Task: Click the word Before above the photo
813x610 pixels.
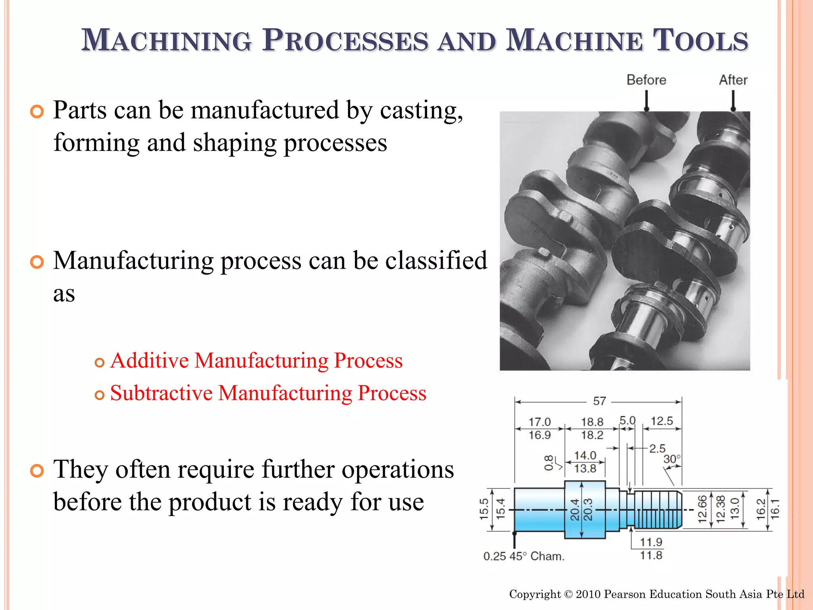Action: [646, 80]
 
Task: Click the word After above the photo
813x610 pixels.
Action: [733, 80]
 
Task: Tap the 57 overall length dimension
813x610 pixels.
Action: [599, 401]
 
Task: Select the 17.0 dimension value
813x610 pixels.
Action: [539, 422]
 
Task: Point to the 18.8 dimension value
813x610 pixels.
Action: [592, 422]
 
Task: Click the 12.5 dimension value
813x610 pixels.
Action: [662, 421]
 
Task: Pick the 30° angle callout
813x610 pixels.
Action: [672, 459]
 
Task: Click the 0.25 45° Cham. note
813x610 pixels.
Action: [524, 556]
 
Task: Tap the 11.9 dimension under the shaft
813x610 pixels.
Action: [651, 542]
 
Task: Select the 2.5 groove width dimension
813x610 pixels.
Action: [657, 449]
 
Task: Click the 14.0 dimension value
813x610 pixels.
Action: [585, 456]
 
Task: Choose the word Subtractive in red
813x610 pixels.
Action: [161, 393]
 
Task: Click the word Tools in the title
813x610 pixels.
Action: [700, 41]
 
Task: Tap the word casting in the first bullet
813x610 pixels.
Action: [421, 110]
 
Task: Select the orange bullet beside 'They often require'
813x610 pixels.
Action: [37, 471]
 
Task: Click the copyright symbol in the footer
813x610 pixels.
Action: [568, 595]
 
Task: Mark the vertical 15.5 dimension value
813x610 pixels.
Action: [484, 509]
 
